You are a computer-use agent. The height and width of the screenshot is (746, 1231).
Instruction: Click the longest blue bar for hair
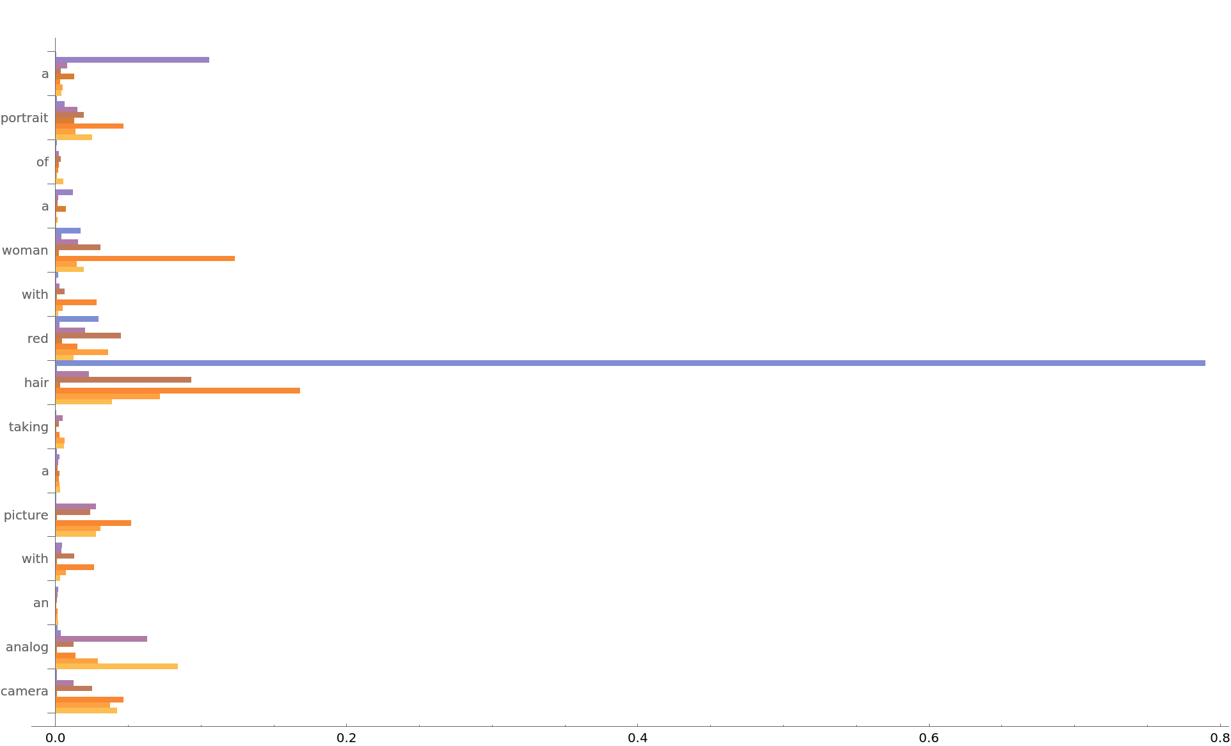pos(630,363)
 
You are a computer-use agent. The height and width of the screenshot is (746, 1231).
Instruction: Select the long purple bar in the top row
pos(132,60)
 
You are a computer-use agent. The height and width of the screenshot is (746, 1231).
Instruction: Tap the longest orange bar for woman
pos(145,258)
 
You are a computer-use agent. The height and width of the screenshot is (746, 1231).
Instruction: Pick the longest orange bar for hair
pos(178,390)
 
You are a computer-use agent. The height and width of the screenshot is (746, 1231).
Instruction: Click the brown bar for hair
pos(123,379)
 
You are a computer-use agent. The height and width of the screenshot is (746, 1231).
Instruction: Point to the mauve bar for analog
pos(101,639)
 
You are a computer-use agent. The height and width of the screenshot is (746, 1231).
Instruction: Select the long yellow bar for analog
pos(116,666)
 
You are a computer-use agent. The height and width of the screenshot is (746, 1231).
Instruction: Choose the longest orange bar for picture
pos(93,523)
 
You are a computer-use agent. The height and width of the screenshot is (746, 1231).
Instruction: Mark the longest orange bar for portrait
pos(90,126)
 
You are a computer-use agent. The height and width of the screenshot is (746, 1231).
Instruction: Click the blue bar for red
pos(77,319)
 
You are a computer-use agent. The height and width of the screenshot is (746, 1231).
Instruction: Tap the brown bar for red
pos(88,335)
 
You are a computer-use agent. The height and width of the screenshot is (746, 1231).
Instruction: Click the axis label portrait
pos(24,118)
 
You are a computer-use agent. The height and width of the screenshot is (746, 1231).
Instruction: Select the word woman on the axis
pos(25,250)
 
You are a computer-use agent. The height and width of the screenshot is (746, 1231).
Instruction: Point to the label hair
pos(36,383)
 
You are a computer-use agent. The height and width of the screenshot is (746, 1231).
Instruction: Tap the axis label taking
pos(29,427)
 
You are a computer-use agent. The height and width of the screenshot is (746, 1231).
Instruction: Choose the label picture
pos(26,515)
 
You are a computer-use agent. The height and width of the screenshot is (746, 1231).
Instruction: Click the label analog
pos(27,647)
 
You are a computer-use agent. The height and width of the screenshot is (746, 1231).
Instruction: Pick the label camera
pos(24,691)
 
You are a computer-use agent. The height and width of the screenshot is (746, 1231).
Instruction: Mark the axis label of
pos(42,162)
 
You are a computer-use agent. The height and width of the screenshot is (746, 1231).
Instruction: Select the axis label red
pos(38,338)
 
